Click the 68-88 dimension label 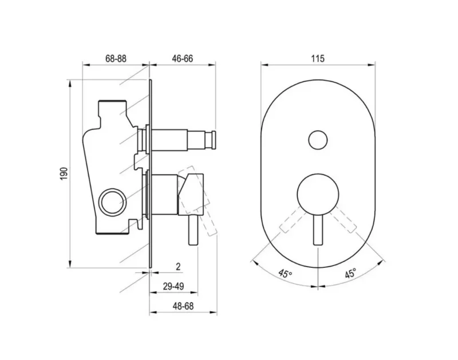click(x=116, y=59)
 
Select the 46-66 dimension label click(x=183, y=59)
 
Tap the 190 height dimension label click(x=64, y=174)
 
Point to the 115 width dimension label click(x=318, y=59)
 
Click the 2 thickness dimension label click(x=178, y=267)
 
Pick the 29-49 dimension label click(x=173, y=286)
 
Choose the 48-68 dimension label click(x=183, y=306)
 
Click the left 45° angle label click(x=285, y=274)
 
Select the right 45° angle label click(x=350, y=274)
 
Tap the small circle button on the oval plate click(x=318, y=140)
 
